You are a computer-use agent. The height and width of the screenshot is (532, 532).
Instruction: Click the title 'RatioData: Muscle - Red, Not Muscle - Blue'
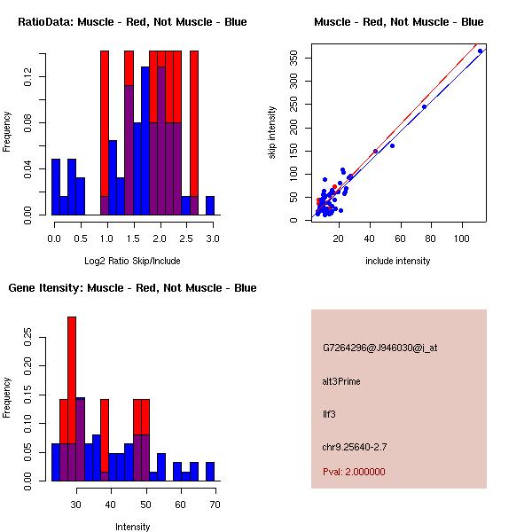[x=133, y=21]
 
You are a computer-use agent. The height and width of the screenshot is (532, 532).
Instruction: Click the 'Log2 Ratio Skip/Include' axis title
[x=133, y=261]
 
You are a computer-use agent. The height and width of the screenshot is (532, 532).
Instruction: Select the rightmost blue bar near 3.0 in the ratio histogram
[x=210, y=205]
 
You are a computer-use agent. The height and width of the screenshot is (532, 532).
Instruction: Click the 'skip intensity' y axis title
[x=272, y=133]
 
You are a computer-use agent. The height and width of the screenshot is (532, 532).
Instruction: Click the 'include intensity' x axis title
[x=397, y=261]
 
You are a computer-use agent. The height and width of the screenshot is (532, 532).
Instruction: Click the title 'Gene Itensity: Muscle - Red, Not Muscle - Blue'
[x=133, y=287]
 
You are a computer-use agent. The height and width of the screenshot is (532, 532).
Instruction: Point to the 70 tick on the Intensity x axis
[x=214, y=505]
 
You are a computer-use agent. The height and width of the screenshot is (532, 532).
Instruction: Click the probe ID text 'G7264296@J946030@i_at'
[x=379, y=348]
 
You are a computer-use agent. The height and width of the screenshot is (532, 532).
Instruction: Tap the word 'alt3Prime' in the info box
[x=341, y=381]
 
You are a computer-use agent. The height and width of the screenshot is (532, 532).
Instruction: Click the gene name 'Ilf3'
[x=329, y=413]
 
